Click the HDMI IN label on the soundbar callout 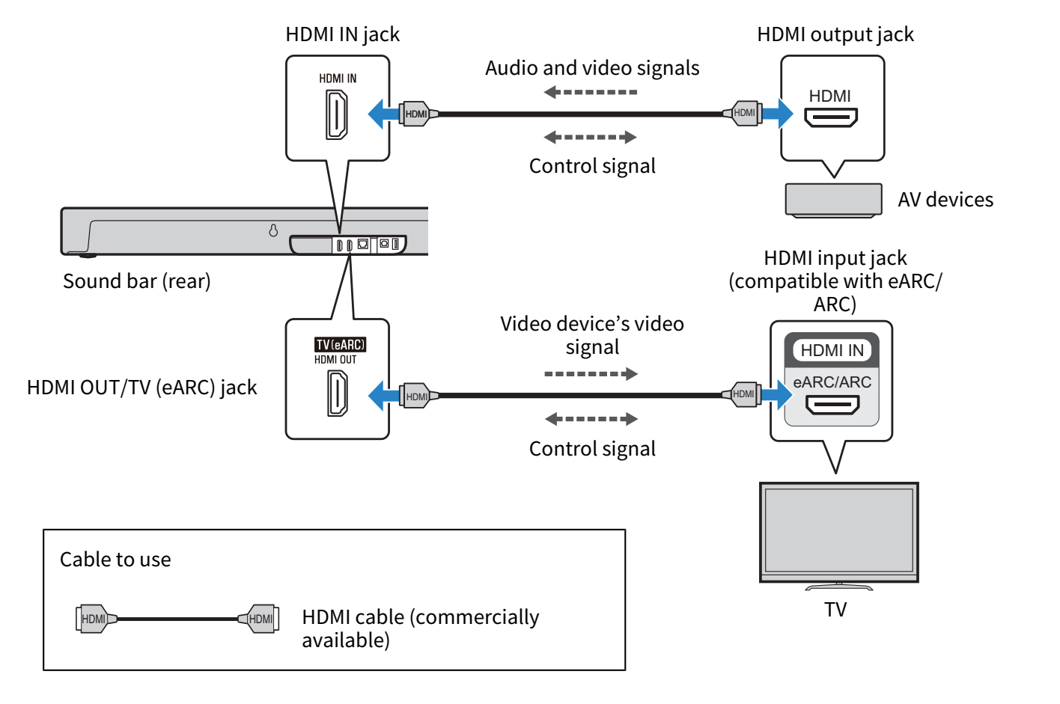[x=338, y=79]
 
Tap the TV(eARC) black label [x=340, y=345]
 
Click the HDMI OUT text [x=335, y=360]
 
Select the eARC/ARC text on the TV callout [x=832, y=382]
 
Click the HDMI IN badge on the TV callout [x=832, y=350]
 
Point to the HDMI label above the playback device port [x=829, y=96]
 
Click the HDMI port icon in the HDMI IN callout [x=336, y=114]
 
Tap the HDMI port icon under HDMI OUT [x=337, y=394]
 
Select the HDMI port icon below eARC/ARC [x=832, y=405]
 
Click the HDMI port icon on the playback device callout [x=830, y=117]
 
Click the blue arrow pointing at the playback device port [x=779, y=114]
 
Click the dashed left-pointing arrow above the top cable [x=591, y=92]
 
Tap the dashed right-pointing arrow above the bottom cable [x=591, y=373]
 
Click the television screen [x=838, y=529]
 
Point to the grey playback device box [x=833, y=199]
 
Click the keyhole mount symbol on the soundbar [x=273, y=230]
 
